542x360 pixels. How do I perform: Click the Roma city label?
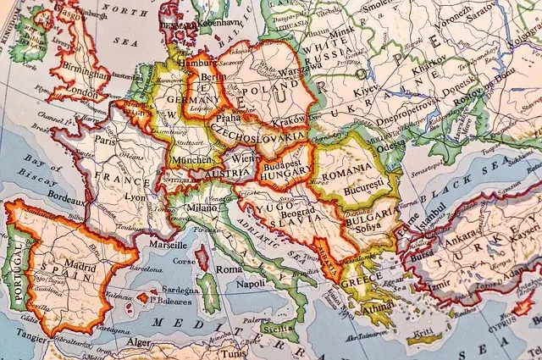[229, 269]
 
